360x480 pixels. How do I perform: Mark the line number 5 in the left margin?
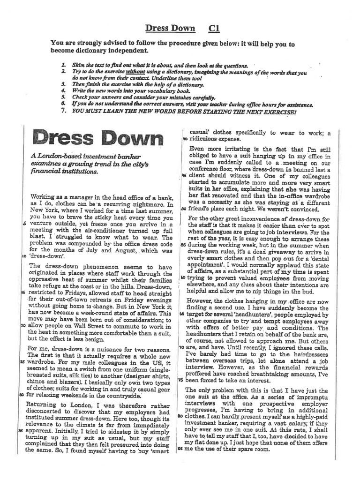tap(24, 224)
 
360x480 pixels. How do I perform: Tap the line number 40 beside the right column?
tap(185, 139)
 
